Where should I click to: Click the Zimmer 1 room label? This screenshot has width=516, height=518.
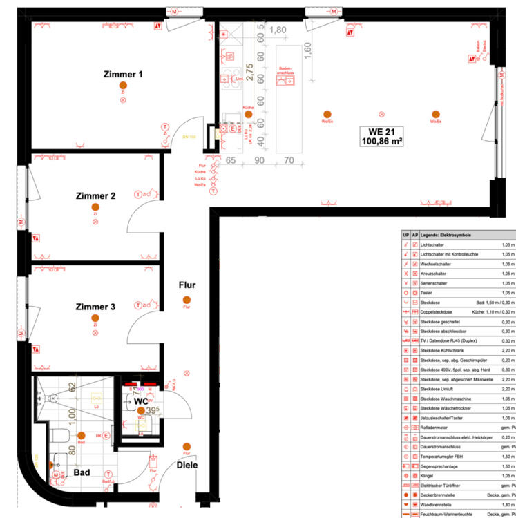point(123,74)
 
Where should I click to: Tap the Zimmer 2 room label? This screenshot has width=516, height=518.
point(95,196)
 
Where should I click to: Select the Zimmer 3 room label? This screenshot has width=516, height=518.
point(95,307)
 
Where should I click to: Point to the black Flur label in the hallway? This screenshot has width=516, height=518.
point(187,285)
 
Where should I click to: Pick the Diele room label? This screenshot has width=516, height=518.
point(187,465)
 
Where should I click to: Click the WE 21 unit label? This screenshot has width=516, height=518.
point(381,131)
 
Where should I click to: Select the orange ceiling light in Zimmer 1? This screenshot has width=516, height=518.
point(123,84)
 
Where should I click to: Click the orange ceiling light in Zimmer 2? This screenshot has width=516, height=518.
point(95,207)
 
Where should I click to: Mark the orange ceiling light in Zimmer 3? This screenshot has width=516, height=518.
point(95,318)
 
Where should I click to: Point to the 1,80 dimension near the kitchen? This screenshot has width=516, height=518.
point(278,30)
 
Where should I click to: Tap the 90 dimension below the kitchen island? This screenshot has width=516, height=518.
point(260,160)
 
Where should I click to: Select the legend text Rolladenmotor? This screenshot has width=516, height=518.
point(437,428)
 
